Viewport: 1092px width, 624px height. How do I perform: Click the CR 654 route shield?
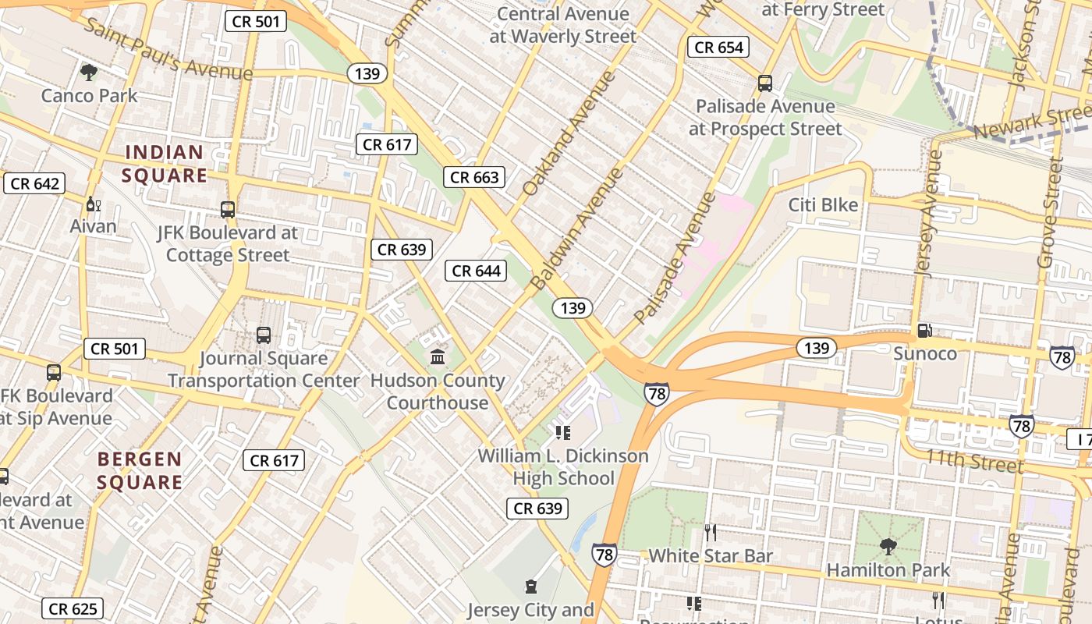click(x=718, y=48)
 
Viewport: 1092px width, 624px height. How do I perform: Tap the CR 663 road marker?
click(x=474, y=177)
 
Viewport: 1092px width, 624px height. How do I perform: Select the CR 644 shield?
click(x=476, y=271)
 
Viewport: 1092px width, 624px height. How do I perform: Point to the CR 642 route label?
click(x=34, y=184)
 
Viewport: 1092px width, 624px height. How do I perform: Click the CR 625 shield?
click(x=73, y=608)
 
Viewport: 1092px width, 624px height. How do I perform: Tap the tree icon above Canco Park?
click(x=89, y=73)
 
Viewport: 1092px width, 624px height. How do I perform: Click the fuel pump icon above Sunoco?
click(x=924, y=331)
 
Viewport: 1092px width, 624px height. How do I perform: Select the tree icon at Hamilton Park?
click(x=888, y=546)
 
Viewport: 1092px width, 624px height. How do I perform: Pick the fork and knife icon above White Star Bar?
click(x=710, y=533)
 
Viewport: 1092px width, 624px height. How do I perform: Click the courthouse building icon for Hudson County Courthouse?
click(x=438, y=357)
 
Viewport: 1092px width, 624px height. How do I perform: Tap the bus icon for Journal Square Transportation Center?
click(x=264, y=335)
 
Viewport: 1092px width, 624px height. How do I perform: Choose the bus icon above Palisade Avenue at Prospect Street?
click(x=765, y=83)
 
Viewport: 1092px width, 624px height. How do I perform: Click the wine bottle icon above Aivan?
click(x=93, y=204)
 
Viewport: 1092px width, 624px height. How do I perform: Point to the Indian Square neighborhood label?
click(x=164, y=164)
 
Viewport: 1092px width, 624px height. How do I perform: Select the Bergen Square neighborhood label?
click(x=140, y=470)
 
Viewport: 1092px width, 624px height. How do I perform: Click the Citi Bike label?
click(x=823, y=205)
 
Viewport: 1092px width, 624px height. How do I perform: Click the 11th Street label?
click(x=975, y=459)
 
